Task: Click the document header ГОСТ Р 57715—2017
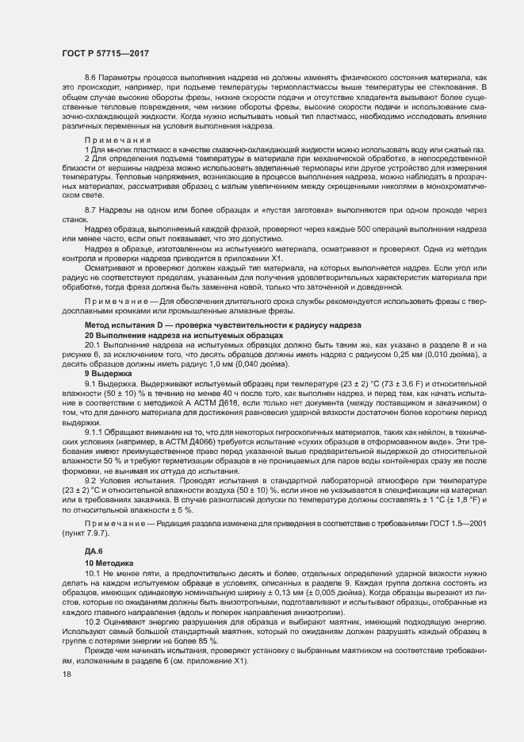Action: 105,54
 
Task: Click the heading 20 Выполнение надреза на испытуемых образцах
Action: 184,335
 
